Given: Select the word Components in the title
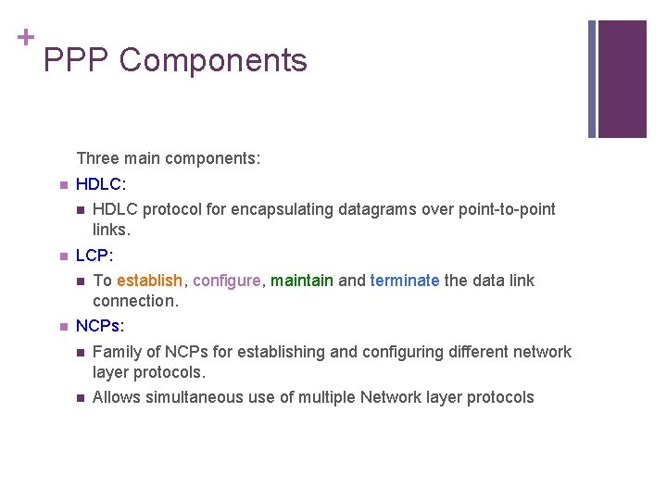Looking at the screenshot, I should click(213, 60).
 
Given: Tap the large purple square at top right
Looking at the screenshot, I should click(623, 79).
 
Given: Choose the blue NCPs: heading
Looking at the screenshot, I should click(100, 326).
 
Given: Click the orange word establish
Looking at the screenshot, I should click(150, 281).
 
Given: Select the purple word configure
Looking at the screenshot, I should click(227, 281).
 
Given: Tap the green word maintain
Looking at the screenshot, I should click(301, 281).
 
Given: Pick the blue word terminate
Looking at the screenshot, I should click(405, 281).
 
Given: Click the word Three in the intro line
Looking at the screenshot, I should click(96, 158).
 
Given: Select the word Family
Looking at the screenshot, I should click(117, 352).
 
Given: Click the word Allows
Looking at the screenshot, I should click(115, 397).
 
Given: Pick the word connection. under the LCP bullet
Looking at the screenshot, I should click(135, 301).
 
